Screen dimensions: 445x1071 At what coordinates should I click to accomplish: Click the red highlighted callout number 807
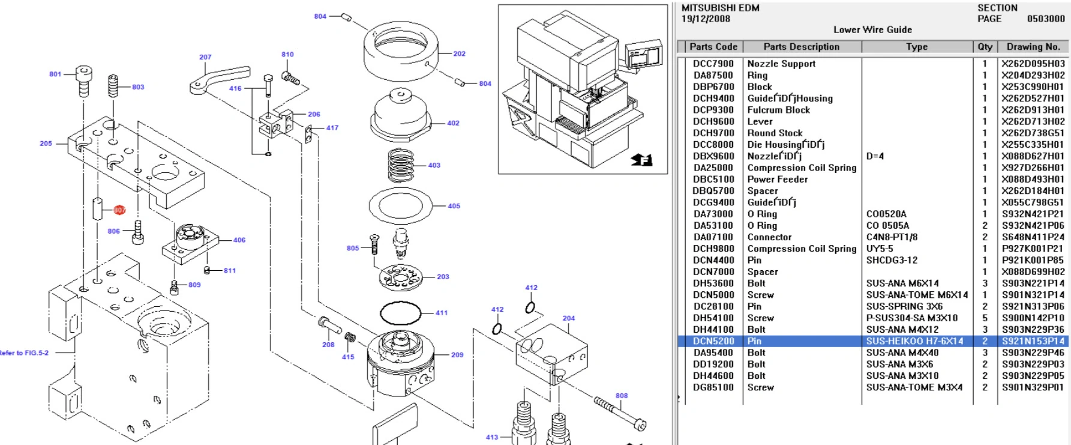click(x=119, y=210)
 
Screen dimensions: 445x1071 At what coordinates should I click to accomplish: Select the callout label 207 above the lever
click(x=205, y=57)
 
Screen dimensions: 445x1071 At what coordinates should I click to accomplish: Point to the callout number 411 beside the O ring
click(x=442, y=313)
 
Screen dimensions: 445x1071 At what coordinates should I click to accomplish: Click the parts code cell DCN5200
click(x=713, y=341)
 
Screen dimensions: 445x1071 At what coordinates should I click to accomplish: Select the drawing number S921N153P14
click(x=1033, y=341)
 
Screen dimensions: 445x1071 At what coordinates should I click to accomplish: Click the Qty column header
click(x=985, y=47)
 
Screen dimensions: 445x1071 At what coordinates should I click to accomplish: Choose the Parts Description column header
click(x=801, y=47)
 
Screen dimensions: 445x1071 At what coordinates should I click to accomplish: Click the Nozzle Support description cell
click(x=781, y=64)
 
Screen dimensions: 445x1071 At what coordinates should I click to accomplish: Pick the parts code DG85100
click(x=713, y=387)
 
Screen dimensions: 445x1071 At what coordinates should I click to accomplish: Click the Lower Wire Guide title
click(x=872, y=29)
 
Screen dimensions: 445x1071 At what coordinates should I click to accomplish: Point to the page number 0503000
click(x=1045, y=19)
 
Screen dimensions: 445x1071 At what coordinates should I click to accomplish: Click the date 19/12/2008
click(x=706, y=19)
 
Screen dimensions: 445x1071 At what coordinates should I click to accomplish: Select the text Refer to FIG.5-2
click(x=24, y=353)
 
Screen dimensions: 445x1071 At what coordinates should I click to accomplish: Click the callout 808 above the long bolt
click(x=622, y=396)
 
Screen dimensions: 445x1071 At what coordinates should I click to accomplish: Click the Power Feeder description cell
click(x=778, y=179)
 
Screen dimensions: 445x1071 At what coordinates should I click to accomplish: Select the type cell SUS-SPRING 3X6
click(x=904, y=306)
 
